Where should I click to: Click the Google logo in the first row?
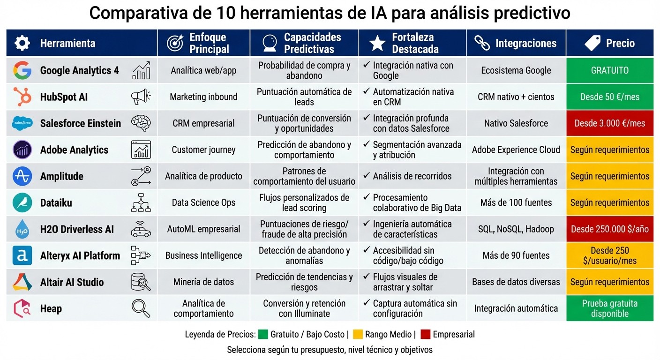click(x=22, y=70)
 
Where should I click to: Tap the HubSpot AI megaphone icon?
click(x=141, y=97)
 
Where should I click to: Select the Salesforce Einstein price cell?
click(x=609, y=123)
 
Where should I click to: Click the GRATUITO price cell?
click(x=609, y=70)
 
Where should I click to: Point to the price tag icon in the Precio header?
click(x=592, y=43)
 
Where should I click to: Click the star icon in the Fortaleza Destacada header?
click(x=377, y=43)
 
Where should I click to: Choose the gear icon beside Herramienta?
click(x=22, y=43)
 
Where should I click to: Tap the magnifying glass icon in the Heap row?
click(x=141, y=308)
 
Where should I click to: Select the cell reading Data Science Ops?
click(x=203, y=203)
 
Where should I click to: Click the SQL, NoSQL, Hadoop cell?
click(x=516, y=229)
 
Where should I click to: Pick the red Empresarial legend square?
click(x=425, y=334)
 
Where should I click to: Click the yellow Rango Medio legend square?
click(x=358, y=334)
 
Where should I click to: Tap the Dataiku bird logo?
click(x=22, y=203)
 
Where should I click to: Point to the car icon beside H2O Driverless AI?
click(x=141, y=229)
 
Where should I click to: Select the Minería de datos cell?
click(x=203, y=282)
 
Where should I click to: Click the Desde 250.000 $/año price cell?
click(x=609, y=229)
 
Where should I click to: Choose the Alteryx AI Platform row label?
click(x=80, y=256)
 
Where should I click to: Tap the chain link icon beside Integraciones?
click(x=482, y=43)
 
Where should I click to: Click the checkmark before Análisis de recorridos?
click(x=366, y=176)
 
